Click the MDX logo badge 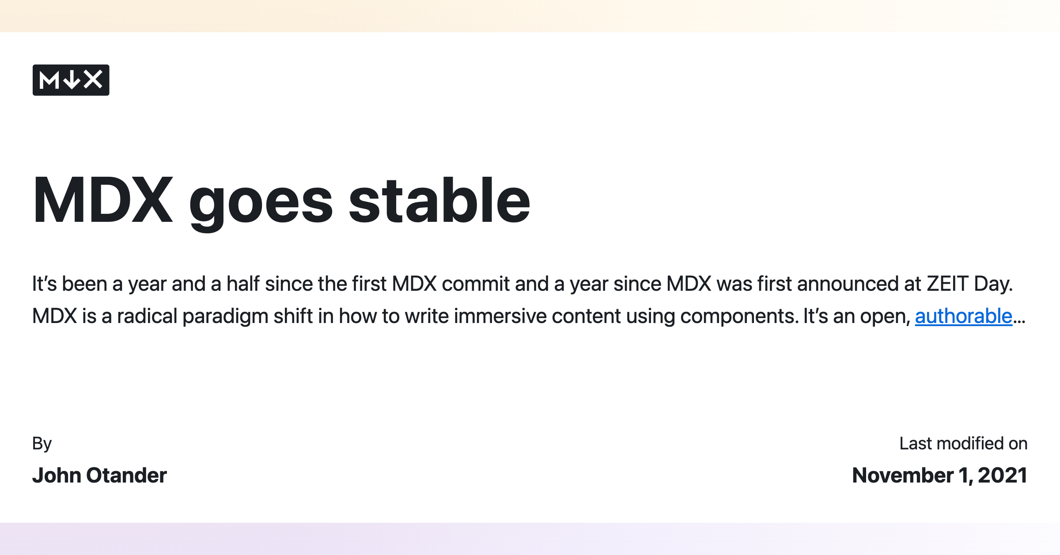(71, 80)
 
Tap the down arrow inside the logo (72, 80)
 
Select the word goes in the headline (261, 201)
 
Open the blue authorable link (963, 316)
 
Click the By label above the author (42, 444)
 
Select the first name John (56, 475)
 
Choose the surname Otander (127, 475)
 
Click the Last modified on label (963, 443)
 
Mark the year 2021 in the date (1003, 475)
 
